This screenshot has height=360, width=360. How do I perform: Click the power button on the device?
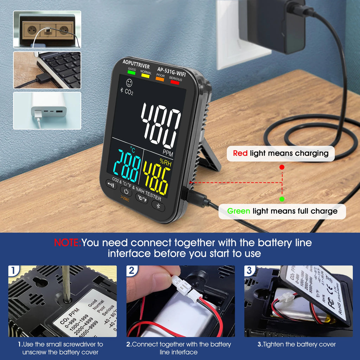click(x=126, y=191)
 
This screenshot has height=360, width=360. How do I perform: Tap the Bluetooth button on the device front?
click(x=158, y=206)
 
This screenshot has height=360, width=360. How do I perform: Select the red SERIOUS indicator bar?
click(x=175, y=82)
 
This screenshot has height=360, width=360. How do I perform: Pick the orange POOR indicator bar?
click(x=160, y=79)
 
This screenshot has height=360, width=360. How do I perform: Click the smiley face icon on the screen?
click(x=129, y=83)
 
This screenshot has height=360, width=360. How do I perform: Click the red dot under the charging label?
click(x=282, y=168)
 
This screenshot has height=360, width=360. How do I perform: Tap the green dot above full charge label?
click(x=282, y=199)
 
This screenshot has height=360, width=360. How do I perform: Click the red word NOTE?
click(x=67, y=243)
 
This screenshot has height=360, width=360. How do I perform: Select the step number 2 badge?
click(x=131, y=270)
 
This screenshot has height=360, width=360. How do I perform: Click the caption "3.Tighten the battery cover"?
click(x=297, y=345)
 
